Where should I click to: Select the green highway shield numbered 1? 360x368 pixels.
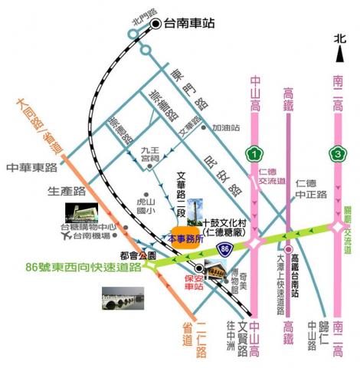pos(253,153)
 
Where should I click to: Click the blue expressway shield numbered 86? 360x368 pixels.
pos(223,248)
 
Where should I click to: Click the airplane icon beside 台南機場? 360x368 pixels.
pos(74,237)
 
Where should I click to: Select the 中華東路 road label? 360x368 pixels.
pos(32,166)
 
